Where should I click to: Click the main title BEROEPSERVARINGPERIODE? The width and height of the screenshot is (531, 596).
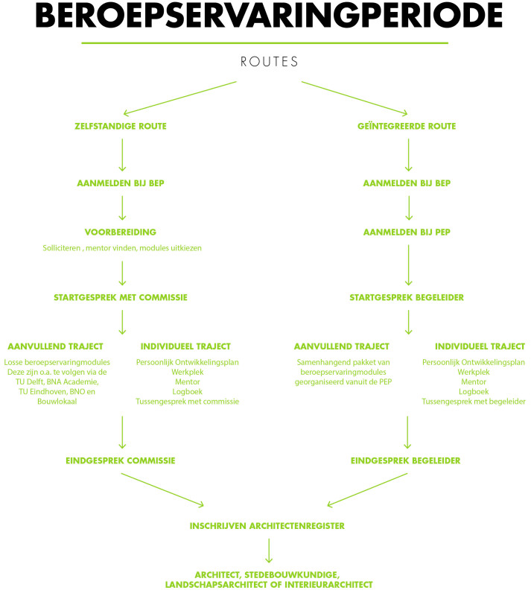pos(269,15)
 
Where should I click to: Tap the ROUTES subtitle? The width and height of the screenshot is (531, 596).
pos(269,62)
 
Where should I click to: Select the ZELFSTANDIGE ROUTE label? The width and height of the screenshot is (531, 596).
pos(121,126)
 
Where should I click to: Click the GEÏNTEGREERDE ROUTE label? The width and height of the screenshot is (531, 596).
pos(407,126)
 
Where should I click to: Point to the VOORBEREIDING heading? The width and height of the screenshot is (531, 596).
pos(121,232)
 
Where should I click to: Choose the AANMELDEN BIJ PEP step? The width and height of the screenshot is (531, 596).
pos(407,232)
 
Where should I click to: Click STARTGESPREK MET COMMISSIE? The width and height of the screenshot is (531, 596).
pos(121,297)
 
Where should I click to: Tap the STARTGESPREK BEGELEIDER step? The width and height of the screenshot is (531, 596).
pos(407,297)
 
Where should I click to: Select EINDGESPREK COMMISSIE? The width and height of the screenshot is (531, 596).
pos(121,460)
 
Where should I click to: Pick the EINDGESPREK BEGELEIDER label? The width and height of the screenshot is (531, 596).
pos(406,460)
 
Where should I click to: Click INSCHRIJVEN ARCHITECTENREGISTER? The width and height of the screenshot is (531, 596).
pos(267,526)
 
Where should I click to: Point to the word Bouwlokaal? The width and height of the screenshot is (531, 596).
pos(57,402)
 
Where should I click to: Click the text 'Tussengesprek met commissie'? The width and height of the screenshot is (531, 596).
pos(188,402)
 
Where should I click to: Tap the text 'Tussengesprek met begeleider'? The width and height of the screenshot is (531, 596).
pos(474,402)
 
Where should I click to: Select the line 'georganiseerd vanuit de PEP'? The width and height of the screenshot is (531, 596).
pos(343,382)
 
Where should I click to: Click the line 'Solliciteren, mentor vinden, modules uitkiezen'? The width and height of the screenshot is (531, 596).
pos(122,248)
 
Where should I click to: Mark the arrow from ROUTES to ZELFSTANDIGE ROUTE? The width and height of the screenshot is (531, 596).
pos(180,98)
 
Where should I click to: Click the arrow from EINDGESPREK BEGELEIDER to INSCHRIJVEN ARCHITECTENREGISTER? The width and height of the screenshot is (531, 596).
pos(367,490)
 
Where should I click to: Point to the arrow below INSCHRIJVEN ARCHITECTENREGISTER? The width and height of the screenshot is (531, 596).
pos(269,551)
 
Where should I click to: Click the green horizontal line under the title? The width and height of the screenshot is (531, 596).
pos(265,43)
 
